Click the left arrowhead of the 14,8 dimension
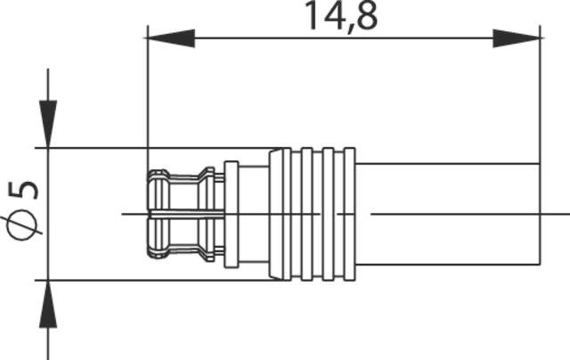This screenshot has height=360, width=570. click(x=169, y=38)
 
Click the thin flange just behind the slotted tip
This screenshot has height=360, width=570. click(x=231, y=214)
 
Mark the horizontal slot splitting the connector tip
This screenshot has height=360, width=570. click(x=178, y=214)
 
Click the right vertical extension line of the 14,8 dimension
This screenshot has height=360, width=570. click(x=541, y=98)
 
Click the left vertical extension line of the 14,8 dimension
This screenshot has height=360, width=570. click(x=147, y=98)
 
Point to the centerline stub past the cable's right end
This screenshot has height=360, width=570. click(x=556, y=214)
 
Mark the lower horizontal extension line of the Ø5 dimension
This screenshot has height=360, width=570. click(x=98, y=281)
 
